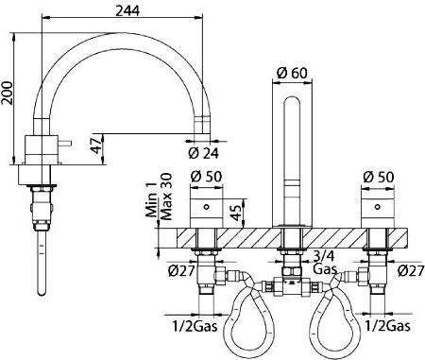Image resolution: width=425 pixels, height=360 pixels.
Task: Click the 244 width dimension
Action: pyautogui.click(x=127, y=10)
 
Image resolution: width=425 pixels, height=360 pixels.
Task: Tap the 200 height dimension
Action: pyautogui.click(x=7, y=93)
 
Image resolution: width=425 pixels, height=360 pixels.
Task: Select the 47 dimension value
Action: pyautogui.click(x=97, y=146)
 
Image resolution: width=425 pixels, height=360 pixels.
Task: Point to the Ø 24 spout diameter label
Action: pyautogui.click(x=203, y=153)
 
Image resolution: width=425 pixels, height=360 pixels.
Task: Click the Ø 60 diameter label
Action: pyautogui.click(x=292, y=73)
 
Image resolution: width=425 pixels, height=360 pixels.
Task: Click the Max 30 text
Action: pyautogui.click(x=166, y=197)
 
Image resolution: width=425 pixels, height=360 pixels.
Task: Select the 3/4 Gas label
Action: pyautogui.click(x=325, y=263)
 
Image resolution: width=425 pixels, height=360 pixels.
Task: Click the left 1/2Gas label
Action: pyautogui.click(x=195, y=326)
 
